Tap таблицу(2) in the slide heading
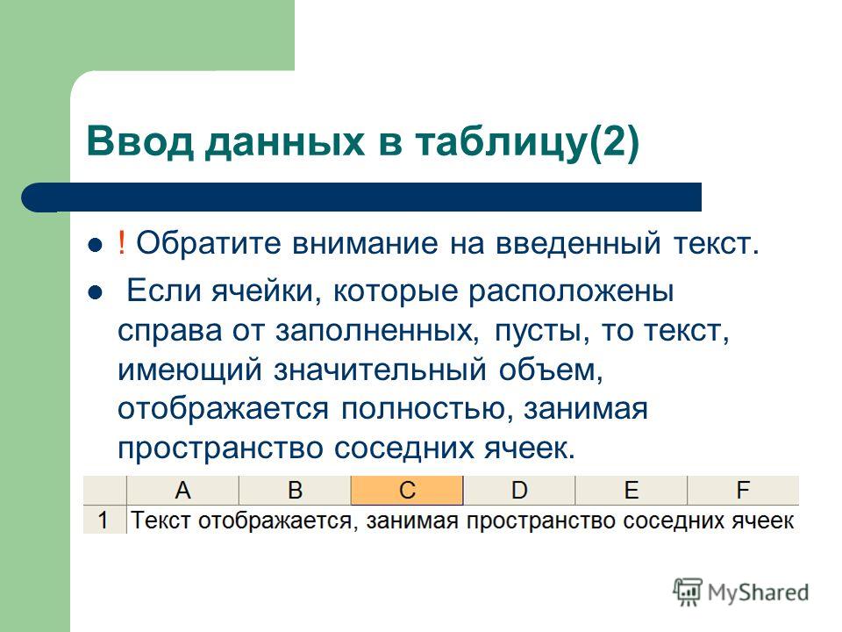(527, 143)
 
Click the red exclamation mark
(122, 243)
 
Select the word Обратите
(209, 244)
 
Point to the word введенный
(577, 243)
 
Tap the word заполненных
(377, 332)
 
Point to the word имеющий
(189, 370)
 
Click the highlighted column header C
(407, 490)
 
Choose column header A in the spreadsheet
(182, 490)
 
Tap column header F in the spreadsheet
(743, 490)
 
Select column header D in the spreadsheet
(518, 490)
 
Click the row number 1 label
(104, 520)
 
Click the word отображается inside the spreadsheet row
(275, 521)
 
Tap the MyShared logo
(741, 592)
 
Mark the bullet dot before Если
(95, 293)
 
